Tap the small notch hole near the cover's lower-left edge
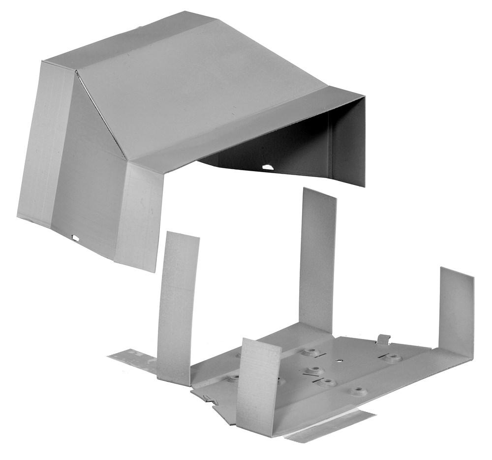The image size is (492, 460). (x=75, y=239)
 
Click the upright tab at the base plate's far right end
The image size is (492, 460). (x=456, y=310)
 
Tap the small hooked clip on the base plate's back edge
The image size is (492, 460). (x=384, y=339)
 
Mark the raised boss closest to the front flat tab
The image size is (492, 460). (x=358, y=392)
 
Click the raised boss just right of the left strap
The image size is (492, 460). (x=234, y=378)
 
